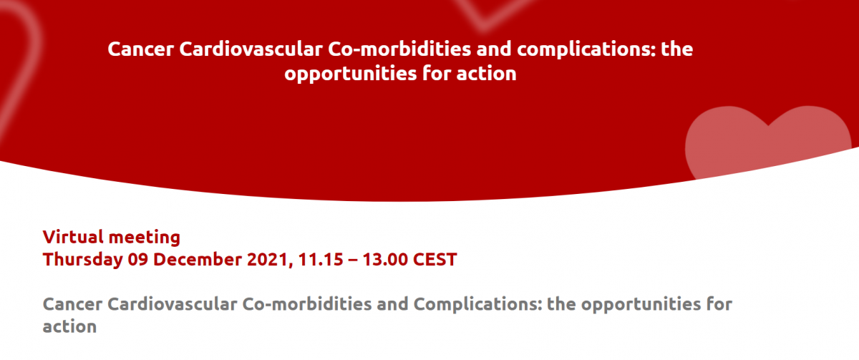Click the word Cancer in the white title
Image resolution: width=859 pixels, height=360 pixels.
click(x=141, y=49)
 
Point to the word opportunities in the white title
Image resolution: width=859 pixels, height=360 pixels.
click(x=351, y=74)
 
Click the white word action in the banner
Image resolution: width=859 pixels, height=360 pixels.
click(x=486, y=74)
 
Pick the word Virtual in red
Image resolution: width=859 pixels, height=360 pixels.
click(x=73, y=237)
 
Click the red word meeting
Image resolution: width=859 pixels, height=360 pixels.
click(x=144, y=238)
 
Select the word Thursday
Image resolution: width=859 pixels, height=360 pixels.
click(x=82, y=260)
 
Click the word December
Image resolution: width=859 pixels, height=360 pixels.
click(x=198, y=260)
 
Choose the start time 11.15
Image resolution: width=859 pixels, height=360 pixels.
click(x=321, y=260)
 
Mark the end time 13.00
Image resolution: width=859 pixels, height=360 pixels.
click(x=385, y=260)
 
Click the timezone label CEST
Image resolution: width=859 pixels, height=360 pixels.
click(x=435, y=260)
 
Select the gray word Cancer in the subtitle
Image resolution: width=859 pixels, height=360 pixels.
click(x=72, y=304)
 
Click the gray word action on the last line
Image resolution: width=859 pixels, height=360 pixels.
click(x=69, y=326)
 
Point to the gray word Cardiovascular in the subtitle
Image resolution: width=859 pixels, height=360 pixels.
click(x=173, y=304)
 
